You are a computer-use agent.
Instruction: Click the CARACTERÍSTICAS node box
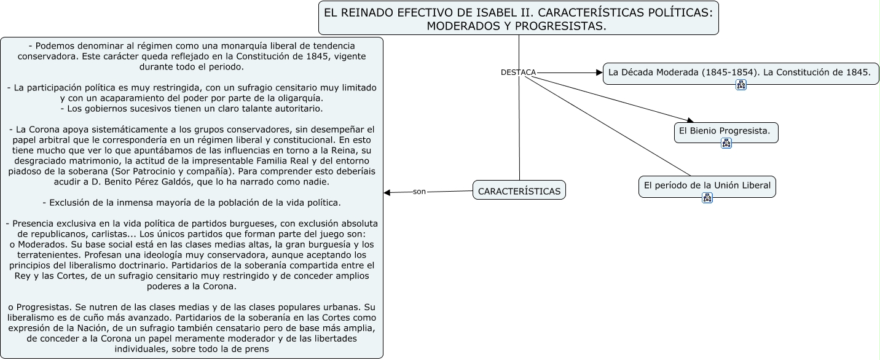coord(519,191)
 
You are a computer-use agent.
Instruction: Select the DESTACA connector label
coord(518,72)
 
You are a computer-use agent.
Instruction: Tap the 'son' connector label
coord(419,192)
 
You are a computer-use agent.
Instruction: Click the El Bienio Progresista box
coord(726,131)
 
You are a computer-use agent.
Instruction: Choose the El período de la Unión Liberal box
coord(707,185)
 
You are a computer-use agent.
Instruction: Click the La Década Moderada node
coord(740,72)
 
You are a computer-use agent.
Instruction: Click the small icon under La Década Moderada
coord(741,85)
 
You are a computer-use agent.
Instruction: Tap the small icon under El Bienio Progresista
coord(726,144)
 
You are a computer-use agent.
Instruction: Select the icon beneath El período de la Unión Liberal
coord(707,198)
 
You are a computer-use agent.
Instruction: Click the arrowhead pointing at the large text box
coord(387,193)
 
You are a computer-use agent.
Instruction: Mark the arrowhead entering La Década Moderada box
coord(600,72)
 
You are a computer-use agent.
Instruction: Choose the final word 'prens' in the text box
coord(257,349)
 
